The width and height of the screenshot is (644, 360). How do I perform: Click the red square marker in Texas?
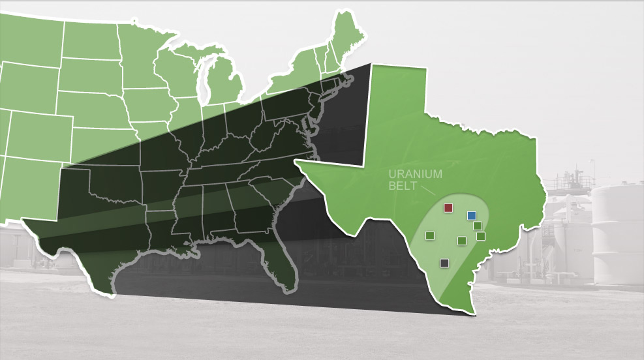(x=448, y=207)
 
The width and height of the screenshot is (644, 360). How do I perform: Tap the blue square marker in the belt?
(x=472, y=215)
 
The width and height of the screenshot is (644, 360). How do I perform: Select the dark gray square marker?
(x=444, y=263)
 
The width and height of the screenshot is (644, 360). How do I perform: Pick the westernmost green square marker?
(x=430, y=235)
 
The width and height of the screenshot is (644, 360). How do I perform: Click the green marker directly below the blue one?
(x=478, y=226)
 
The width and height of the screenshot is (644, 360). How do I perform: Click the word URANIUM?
(x=415, y=174)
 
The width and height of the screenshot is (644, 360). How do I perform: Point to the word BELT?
(x=403, y=186)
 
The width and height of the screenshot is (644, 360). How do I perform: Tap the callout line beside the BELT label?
(x=428, y=191)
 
